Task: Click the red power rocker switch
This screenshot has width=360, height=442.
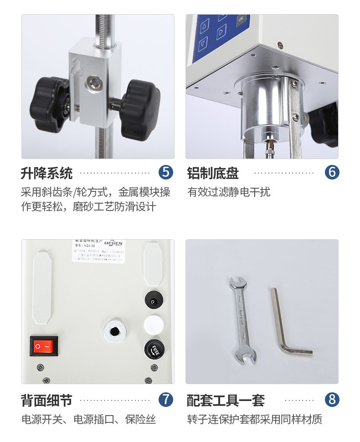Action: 44,346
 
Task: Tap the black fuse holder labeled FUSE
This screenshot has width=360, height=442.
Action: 154,350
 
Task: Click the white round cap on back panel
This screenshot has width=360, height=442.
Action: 153,324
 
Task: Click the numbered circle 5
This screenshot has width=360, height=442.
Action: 166,172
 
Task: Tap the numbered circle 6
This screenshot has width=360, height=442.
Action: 332,172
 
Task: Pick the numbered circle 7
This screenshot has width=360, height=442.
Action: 166,400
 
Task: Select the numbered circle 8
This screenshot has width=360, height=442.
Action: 332,400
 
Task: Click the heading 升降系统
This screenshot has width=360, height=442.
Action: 46,173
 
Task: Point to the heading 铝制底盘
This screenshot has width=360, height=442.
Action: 213,173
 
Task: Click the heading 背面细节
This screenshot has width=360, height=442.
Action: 46,401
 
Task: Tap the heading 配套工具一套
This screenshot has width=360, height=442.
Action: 226,401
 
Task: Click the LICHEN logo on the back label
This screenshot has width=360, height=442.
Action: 113,243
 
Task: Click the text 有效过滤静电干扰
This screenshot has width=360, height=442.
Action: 229,192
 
